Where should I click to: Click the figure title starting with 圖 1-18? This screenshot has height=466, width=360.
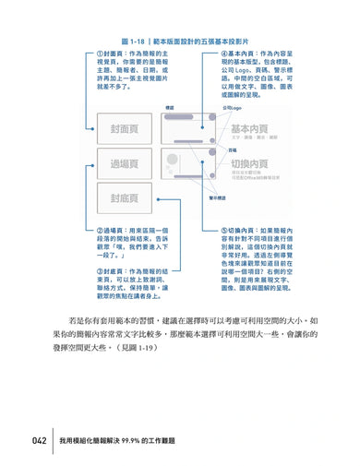180,42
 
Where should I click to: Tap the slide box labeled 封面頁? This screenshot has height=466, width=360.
124,128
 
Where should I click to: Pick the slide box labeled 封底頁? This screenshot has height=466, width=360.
124,199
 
